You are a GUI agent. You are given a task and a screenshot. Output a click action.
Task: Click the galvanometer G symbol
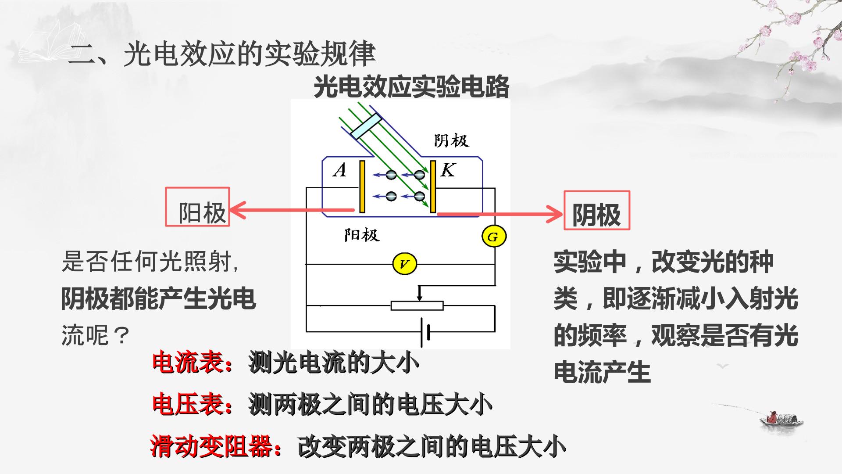coord(494,237)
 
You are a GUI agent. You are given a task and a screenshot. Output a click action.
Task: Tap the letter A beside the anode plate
coord(339,170)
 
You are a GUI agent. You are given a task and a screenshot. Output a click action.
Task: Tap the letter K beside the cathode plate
coord(448,170)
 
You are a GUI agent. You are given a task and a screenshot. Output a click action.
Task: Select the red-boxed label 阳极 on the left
coord(197,207)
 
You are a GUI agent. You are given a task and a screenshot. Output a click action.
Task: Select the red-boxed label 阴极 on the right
coord(597,210)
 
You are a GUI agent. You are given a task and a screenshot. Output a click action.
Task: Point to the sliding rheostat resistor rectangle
coord(417,305)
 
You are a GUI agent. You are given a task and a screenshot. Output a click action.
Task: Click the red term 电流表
coord(188,363)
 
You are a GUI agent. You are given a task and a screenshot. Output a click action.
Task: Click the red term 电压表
coord(188,405)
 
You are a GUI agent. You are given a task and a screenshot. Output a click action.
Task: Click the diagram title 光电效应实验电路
coord(411,86)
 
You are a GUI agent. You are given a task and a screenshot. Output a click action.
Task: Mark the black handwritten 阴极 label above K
coord(452,140)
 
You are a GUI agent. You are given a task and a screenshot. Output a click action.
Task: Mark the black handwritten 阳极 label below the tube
coord(361,235)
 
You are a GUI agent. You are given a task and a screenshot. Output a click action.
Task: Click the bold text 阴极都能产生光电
coord(158,299)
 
